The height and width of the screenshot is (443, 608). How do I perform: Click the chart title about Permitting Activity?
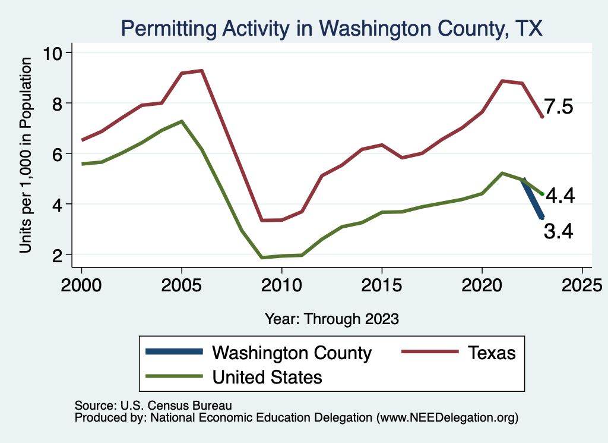331,28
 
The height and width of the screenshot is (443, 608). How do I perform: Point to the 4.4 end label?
559,195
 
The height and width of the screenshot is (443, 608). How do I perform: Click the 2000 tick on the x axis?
81,284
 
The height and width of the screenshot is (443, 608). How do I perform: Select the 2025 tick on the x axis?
582,284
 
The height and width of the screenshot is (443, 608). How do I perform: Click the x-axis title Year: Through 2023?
331,319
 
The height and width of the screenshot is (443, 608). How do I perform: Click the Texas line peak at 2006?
202,71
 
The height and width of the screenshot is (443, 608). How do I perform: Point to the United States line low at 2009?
262,257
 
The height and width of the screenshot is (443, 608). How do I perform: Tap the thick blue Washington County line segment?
533,199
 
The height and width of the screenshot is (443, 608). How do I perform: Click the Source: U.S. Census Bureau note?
153,405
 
